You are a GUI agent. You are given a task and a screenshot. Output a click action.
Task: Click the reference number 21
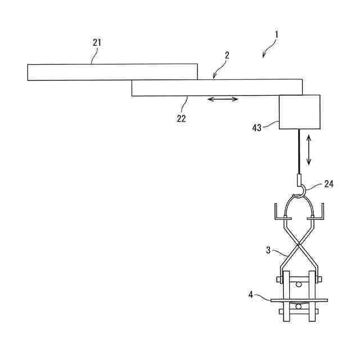tap(97, 42)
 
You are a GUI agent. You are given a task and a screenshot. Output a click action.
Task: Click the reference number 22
tap(181, 118)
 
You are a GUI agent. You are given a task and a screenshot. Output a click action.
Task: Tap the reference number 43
tap(256, 128)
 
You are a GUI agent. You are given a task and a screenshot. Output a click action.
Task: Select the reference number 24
tap(328, 184)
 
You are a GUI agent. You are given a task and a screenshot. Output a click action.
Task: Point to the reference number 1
tap(277, 34)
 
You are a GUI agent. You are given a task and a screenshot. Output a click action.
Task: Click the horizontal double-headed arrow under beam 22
tap(223, 100)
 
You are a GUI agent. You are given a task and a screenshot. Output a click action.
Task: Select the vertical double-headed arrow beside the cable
tap(308, 150)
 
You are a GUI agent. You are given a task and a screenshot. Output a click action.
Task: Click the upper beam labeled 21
tap(112, 72)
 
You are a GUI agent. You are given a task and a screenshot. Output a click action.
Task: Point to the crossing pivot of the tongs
tap(298, 244)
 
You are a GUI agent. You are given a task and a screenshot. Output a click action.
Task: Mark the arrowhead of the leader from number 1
tap(263, 56)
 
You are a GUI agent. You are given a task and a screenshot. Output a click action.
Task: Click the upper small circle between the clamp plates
tap(298, 285)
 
